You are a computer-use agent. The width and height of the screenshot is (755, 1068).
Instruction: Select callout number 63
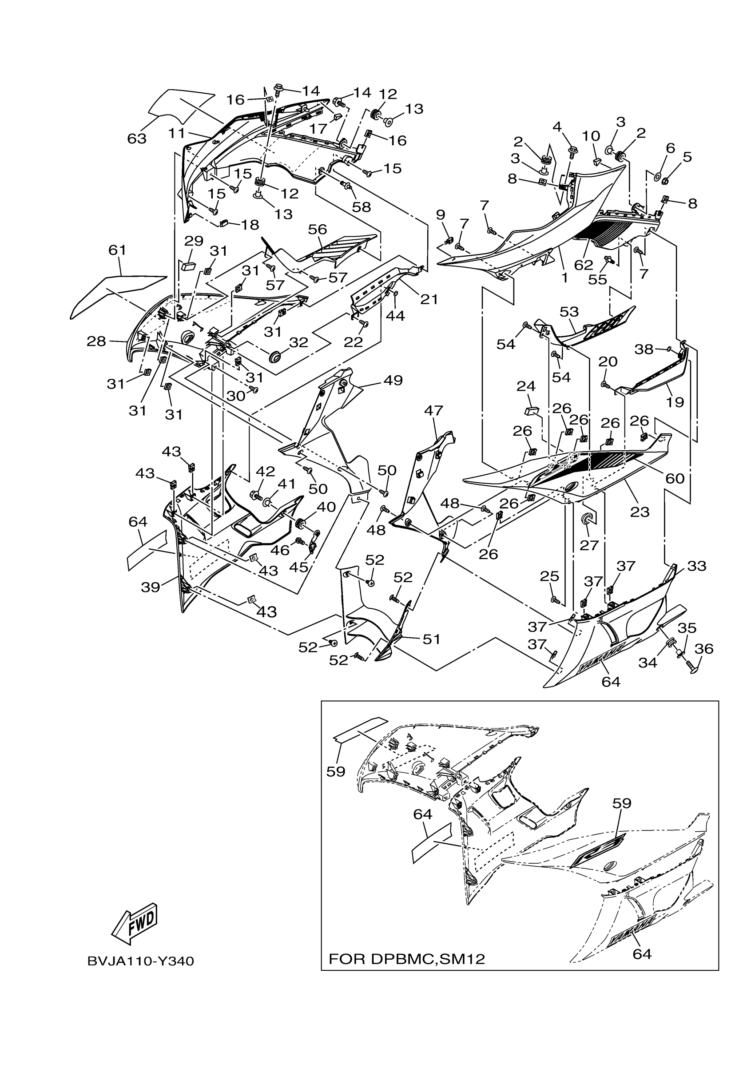[x=137, y=138]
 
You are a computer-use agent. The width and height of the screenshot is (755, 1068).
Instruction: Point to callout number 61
[x=117, y=250]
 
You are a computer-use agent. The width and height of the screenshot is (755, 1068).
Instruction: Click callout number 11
[x=177, y=134]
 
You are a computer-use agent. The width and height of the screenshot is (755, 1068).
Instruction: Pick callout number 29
[x=194, y=241]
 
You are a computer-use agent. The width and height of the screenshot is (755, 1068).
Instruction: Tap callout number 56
[x=318, y=229]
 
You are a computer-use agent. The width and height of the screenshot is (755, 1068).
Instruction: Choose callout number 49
[x=393, y=380]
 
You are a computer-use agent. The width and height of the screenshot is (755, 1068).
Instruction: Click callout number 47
[x=433, y=410]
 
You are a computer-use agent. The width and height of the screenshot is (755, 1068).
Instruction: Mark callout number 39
[x=151, y=587]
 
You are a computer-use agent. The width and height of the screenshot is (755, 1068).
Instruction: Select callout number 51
[x=431, y=639]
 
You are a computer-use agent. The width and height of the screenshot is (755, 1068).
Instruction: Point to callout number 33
[x=697, y=566]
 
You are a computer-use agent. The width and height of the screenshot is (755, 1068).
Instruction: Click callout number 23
[x=640, y=512]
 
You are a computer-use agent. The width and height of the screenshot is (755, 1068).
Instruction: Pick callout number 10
[x=591, y=136]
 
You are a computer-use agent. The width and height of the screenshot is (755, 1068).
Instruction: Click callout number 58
[x=362, y=206]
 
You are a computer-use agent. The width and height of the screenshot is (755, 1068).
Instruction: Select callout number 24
[x=526, y=386]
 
